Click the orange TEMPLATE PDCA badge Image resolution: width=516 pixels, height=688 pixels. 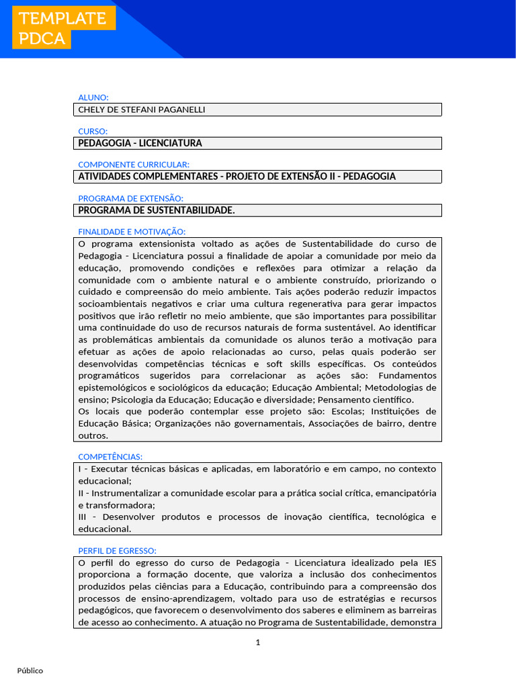[x=63, y=28]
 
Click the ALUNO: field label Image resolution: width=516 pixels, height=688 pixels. [x=93, y=97]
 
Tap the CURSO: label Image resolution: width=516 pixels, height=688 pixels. [x=93, y=131]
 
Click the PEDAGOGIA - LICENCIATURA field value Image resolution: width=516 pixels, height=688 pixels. [x=140, y=143]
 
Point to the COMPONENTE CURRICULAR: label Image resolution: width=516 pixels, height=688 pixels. [x=134, y=165]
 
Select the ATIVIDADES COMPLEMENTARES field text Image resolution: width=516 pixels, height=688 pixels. [x=236, y=177]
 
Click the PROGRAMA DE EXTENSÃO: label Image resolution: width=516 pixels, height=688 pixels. [x=130, y=198]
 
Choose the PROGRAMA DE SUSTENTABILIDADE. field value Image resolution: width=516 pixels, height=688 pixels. [x=157, y=210]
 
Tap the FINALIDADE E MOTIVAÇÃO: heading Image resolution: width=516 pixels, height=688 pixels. [x=132, y=232]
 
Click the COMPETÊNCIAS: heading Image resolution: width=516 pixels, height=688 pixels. [x=110, y=457]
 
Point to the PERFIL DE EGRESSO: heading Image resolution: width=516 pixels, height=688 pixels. [x=117, y=551]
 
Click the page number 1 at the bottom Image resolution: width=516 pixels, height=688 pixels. [x=257, y=642]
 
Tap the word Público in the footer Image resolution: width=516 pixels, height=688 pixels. [x=30, y=671]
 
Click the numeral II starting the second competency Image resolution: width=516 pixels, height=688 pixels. [x=81, y=493]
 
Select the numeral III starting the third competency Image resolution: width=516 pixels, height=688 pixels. [x=83, y=517]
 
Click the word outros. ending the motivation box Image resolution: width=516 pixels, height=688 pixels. [x=93, y=435]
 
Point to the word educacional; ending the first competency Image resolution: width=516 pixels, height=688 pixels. [x=105, y=481]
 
